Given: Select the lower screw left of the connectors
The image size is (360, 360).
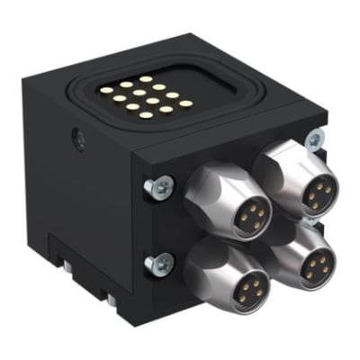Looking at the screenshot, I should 161,264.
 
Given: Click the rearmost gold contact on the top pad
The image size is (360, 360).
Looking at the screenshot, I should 145,79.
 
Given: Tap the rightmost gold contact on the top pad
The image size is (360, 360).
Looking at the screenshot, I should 185,103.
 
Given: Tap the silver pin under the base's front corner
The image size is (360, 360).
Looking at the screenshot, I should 110,299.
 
